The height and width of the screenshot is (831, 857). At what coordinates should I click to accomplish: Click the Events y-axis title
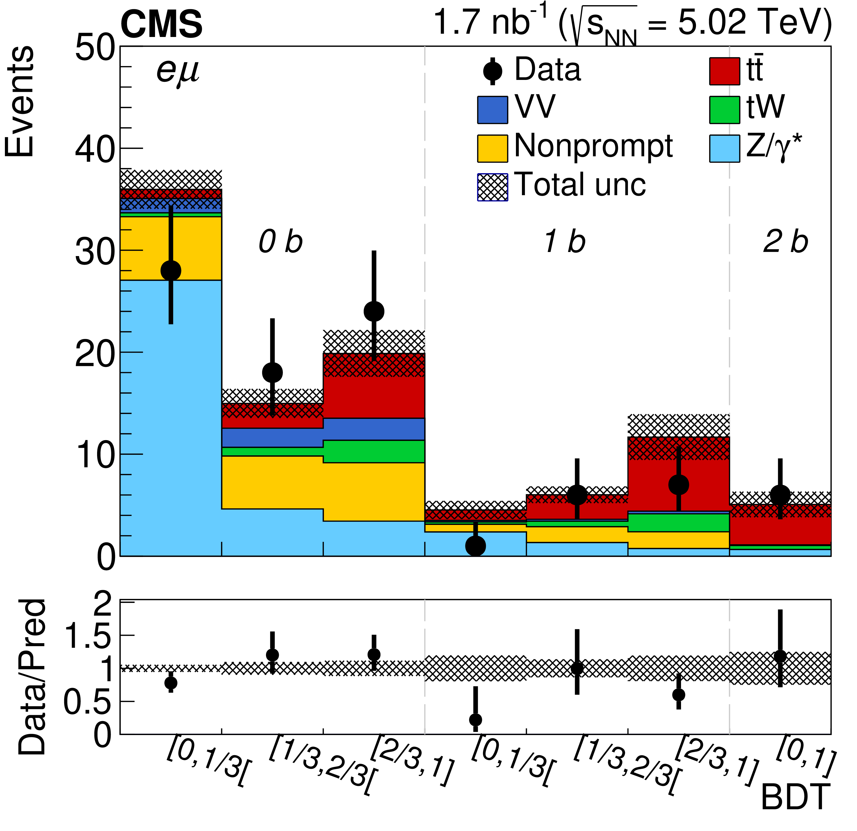point(19,101)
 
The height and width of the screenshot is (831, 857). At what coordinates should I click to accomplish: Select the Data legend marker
point(493,71)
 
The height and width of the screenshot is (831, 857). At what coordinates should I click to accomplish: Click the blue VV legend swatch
point(493,110)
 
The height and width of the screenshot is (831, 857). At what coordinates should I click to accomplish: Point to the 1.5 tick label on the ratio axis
point(88,636)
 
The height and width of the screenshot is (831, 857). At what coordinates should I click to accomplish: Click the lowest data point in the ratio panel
point(475,720)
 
